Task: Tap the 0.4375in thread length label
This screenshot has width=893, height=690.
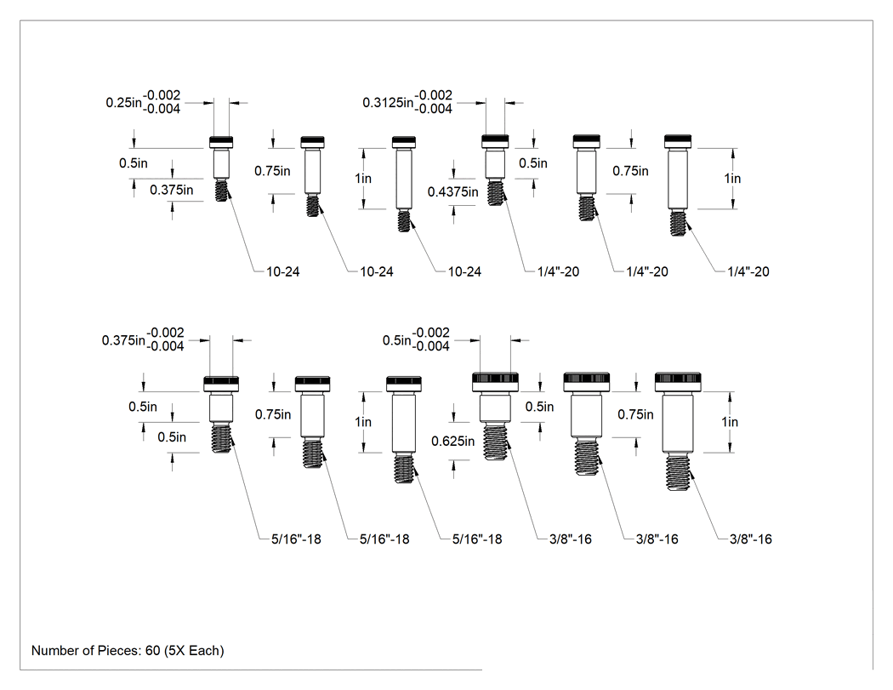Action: click(452, 192)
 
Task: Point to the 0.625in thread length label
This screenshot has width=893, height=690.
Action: click(452, 441)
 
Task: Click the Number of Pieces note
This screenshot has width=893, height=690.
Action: click(128, 650)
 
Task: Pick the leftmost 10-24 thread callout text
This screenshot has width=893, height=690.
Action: click(283, 271)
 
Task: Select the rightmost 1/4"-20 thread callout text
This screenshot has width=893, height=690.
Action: click(748, 271)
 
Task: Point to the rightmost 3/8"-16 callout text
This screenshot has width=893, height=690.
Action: click(751, 539)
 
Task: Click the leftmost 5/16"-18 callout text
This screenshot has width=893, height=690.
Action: click(296, 539)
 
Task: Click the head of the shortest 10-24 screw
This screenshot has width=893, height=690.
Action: click(221, 142)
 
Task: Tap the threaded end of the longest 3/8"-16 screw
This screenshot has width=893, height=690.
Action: click(679, 472)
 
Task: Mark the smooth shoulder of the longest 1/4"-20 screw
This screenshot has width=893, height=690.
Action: click(678, 179)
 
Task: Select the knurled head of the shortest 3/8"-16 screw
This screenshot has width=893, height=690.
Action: click(496, 382)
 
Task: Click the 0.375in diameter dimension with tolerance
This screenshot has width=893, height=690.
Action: click(143, 339)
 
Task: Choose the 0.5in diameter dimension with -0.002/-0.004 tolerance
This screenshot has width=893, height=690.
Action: click(416, 339)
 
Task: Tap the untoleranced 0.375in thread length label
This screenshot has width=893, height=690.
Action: click(172, 190)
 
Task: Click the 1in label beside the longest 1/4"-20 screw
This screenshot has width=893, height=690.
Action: click(732, 179)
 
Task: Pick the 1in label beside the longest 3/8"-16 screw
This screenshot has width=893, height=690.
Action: click(730, 422)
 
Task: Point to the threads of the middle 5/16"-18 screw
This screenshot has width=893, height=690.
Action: click(313, 453)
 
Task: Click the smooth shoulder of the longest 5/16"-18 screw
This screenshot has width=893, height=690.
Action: click(404, 422)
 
